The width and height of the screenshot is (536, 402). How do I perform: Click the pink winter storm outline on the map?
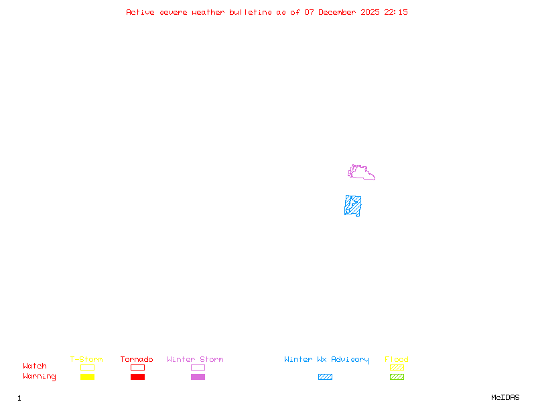point(361,174)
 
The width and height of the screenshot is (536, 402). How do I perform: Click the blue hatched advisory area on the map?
point(353,205)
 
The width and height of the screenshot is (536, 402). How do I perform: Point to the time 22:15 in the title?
point(396,12)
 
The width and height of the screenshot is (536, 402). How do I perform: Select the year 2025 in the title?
point(371,12)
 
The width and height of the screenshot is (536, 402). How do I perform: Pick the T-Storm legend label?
point(86,360)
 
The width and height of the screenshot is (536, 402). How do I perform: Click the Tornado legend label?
point(137,360)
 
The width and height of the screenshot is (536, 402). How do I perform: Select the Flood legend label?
point(397,360)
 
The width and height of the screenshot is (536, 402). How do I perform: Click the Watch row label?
point(35,366)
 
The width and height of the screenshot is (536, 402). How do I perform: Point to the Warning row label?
point(40,377)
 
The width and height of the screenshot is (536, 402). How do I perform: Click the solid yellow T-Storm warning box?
point(87,377)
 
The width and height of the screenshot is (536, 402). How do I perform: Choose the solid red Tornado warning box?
point(137,377)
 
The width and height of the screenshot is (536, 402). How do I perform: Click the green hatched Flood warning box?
point(397,377)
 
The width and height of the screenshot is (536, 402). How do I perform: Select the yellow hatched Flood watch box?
point(397,367)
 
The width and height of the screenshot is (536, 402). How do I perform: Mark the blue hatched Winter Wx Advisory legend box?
point(325,377)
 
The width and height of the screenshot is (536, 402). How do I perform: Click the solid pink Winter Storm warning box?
point(198,377)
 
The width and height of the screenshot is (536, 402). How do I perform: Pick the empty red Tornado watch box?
point(137,367)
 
